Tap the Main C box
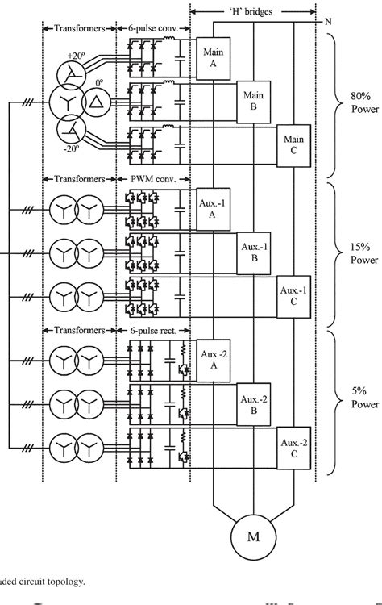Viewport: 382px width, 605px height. pos(293,144)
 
